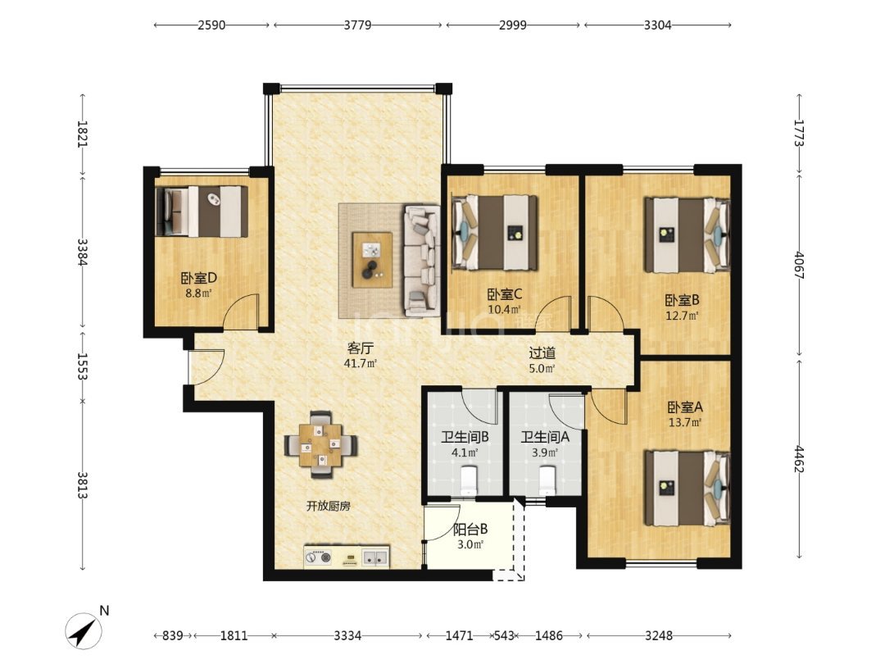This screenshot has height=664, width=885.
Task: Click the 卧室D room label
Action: (198, 278)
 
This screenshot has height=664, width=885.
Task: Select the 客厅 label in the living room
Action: (360, 348)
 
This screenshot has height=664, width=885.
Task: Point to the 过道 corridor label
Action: (542, 352)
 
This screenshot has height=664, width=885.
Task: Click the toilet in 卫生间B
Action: (469, 480)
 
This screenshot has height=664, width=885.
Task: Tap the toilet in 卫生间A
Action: (547, 480)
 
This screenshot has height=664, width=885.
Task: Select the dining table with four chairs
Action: (320, 444)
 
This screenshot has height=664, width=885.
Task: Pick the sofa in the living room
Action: (422, 261)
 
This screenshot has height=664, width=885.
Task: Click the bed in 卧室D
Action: (202, 211)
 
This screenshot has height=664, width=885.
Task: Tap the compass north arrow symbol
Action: (84, 630)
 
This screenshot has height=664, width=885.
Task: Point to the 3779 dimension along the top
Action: (357, 25)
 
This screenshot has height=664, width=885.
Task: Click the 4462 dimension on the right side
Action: (799, 458)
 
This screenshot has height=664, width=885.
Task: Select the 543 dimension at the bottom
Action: (504, 636)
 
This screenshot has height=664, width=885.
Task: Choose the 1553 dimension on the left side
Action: (83, 366)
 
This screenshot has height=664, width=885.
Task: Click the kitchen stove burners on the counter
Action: (318, 558)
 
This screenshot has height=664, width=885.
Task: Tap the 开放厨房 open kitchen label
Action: (329, 507)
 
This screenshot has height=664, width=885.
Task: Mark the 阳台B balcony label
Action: (470, 530)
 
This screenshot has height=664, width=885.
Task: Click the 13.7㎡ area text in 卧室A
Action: (685, 422)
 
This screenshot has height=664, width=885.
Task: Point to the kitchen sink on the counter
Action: (375, 558)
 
